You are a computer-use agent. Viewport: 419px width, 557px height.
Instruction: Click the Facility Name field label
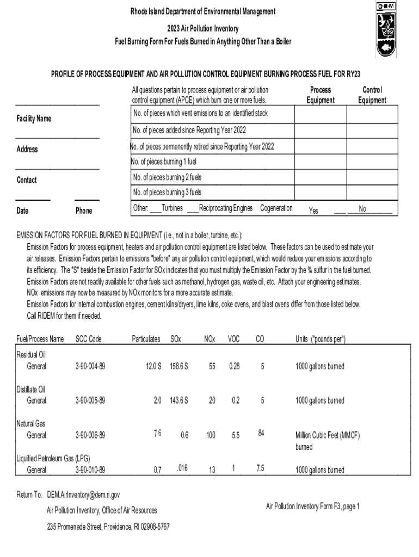point(34,119)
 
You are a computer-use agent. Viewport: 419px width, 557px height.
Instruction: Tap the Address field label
point(27,149)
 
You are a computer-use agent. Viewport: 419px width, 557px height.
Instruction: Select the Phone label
point(84,211)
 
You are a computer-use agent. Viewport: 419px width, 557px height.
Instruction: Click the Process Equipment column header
point(320,95)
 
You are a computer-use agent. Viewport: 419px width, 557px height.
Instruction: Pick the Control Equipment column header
point(372,95)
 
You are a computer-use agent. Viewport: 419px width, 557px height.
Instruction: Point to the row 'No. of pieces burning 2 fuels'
point(167,177)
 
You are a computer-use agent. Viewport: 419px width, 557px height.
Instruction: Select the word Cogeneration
point(276,208)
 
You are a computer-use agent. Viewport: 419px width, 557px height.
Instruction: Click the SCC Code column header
point(88,339)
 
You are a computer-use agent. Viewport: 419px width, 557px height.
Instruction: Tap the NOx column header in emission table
point(209,339)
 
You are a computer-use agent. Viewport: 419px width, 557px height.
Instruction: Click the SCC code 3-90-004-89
point(90,367)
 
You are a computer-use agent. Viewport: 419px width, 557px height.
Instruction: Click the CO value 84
point(261,433)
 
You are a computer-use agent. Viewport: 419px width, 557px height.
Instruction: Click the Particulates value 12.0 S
point(153,367)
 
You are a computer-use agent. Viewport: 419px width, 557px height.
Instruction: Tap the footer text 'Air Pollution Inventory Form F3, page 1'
point(312,506)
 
